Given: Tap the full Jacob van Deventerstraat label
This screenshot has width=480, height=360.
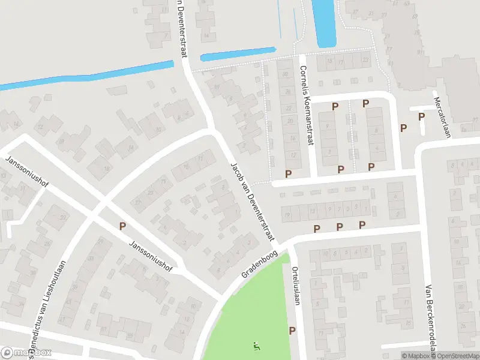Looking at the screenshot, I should click(251, 202).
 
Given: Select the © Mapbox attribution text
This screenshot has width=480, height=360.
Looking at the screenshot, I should click(415, 356).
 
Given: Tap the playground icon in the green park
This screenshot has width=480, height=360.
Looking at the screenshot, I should click(257, 346).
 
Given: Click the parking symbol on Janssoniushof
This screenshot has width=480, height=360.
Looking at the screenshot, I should click(123, 226).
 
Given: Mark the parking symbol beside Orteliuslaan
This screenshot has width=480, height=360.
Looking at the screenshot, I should click(292, 331).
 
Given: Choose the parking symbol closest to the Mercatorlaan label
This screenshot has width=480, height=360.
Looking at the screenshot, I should click(421, 116).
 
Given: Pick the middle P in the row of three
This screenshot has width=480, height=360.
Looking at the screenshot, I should click(339, 227).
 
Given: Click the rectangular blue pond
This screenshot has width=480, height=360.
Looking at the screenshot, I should click(324, 23).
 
